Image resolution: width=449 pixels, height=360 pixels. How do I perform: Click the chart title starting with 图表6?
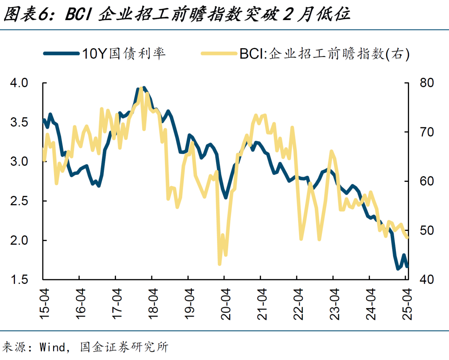[x=177, y=15]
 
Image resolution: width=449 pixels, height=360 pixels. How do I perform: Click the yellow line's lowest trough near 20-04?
[x=220, y=264]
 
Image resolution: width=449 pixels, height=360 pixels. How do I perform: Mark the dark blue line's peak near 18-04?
[x=143, y=88]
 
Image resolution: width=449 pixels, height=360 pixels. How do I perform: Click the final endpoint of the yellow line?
[x=407, y=237]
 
